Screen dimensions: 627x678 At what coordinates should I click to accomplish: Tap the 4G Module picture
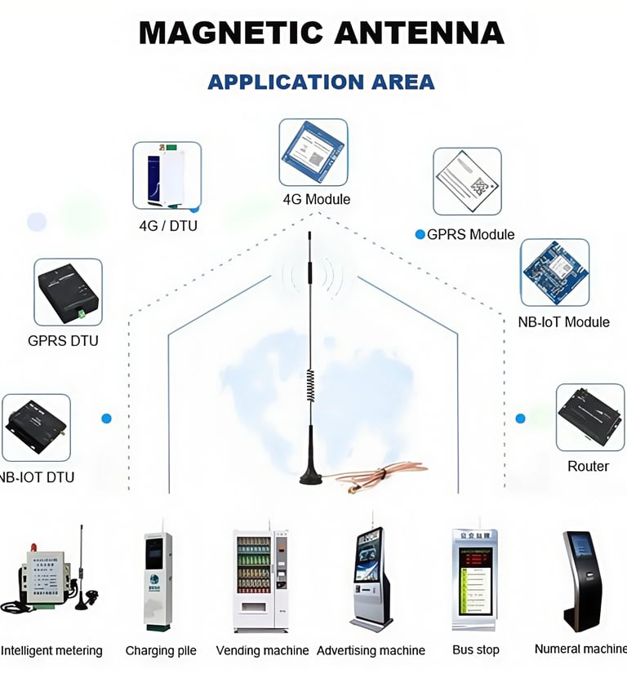(x=313, y=153)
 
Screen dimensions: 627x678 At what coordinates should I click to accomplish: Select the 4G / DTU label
(x=167, y=225)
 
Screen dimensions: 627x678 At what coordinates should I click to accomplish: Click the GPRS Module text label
(x=470, y=234)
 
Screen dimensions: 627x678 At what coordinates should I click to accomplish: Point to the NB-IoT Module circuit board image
(x=554, y=273)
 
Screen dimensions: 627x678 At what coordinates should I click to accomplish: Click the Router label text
(x=588, y=466)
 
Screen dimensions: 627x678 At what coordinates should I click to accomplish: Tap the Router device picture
(x=589, y=417)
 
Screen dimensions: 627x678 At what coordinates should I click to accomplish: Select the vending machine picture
(x=260, y=580)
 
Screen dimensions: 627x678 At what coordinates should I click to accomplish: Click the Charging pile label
(x=161, y=650)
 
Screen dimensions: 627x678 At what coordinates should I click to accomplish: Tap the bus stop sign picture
(x=474, y=578)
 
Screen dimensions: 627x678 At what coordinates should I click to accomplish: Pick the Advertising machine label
(x=371, y=650)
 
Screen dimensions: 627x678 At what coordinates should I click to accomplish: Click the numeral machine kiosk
(x=580, y=579)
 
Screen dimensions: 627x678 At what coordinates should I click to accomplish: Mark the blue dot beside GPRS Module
(x=420, y=234)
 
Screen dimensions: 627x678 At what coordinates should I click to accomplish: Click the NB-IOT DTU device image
(x=36, y=427)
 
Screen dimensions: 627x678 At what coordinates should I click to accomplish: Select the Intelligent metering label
(x=51, y=650)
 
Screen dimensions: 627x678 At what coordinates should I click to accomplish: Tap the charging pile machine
(x=158, y=581)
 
